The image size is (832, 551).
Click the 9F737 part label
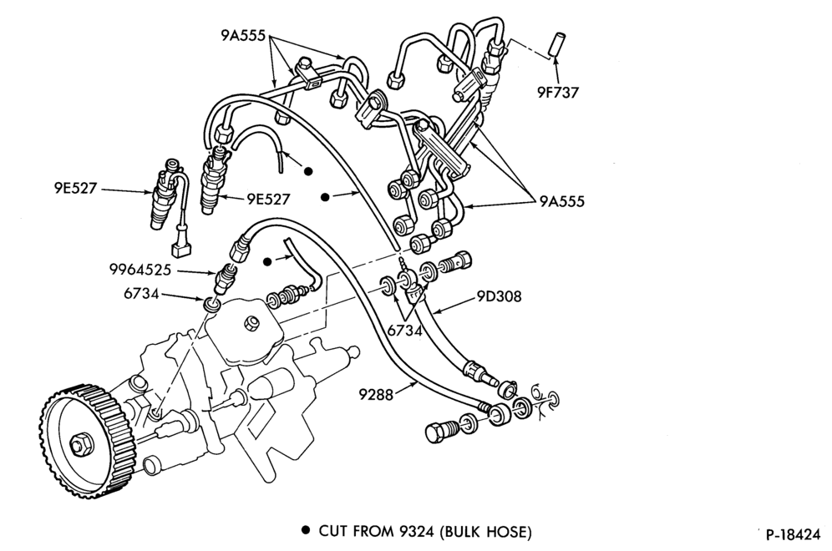pos(557,93)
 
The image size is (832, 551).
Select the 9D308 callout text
pos(499,296)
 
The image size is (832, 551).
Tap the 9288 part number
pos(376,395)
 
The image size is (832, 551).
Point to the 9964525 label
pos(140,270)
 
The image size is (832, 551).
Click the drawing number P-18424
pos(794,534)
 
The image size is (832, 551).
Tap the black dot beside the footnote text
pos(305,530)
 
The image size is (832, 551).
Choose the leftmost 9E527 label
pos(75,189)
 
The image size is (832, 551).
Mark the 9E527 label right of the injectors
pos(268,199)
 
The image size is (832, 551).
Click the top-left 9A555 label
pos(244,36)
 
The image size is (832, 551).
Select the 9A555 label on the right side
pos(562,201)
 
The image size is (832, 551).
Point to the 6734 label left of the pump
pos(142,293)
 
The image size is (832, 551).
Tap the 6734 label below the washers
pos(405,331)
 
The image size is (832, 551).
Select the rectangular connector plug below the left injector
pos(178,250)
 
